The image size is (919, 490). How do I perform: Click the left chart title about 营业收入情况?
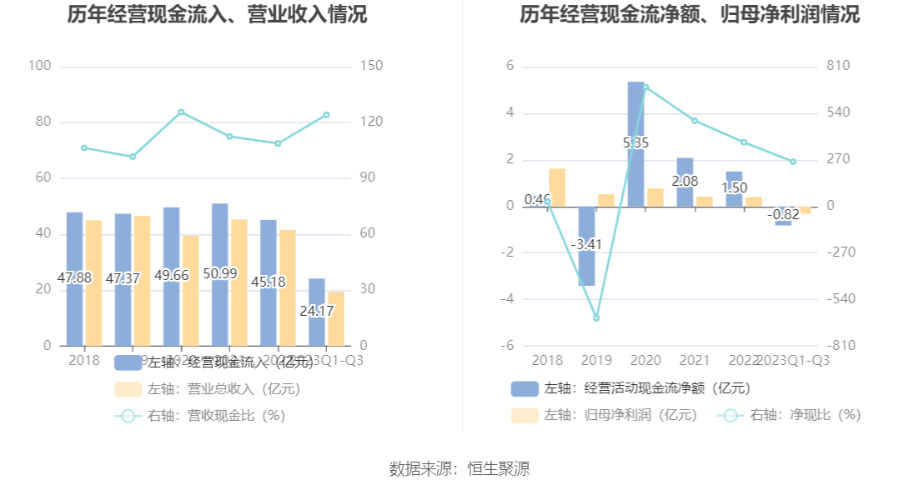(x=217, y=15)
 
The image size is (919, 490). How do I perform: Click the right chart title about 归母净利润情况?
(x=690, y=15)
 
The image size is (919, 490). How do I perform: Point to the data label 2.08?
(x=685, y=181)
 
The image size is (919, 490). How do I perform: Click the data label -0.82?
(x=783, y=214)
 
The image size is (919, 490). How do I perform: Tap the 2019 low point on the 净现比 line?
(x=596, y=317)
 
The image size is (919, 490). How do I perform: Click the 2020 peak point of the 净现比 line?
(x=645, y=87)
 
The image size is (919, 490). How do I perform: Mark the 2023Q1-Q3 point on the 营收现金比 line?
(x=326, y=115)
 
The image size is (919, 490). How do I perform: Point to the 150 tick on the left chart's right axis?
(x=373, y=67)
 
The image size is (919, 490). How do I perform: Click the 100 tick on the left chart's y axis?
(x=40, y=67)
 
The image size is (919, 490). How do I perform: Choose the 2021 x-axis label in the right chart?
(x=695, y=360)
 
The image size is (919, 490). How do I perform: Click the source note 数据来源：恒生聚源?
(x=459, y=468)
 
